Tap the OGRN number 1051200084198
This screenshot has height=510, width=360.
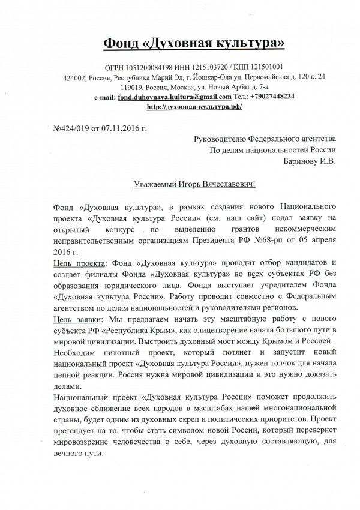coord(137,67)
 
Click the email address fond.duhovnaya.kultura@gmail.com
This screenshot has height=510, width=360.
coord(175,97)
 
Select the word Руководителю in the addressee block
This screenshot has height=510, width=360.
coord(224,139)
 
